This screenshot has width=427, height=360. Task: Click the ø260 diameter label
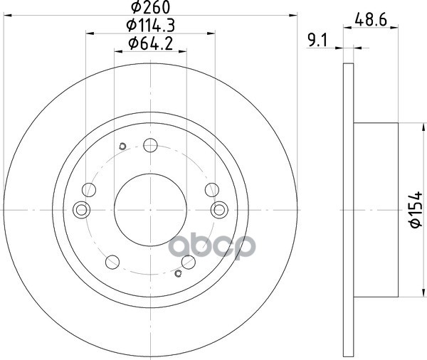click(x=151, y=7)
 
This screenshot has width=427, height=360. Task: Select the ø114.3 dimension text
click(x=151, y=26)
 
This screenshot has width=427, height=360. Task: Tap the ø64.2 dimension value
click(x=151, y=43)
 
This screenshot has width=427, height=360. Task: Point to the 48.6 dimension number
click(x=371, y=20)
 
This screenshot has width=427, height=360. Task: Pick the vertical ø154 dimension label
click(x=416, y=209)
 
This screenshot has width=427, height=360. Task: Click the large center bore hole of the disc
click(x=150, y=210)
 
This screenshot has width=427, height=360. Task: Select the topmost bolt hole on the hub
click(x=150, y=145)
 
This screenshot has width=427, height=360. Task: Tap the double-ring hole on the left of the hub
click(x=82, y=210)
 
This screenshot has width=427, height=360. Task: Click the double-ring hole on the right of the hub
click(x=219, y=210)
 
